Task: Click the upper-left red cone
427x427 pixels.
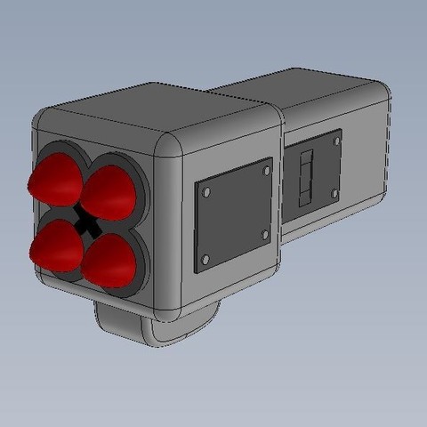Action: [55, 178]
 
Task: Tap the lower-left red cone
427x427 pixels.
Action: [55, 245]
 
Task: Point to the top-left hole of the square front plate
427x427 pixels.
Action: [206, 191]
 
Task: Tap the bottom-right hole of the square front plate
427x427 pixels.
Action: [265, 234]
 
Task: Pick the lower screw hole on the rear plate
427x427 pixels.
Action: [332, 191]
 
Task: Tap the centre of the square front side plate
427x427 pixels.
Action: [233, 214]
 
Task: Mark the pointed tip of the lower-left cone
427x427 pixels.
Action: [34, 255]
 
